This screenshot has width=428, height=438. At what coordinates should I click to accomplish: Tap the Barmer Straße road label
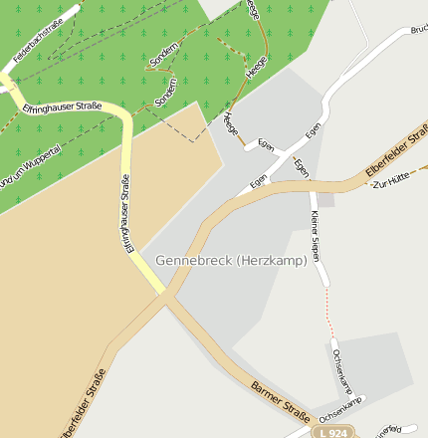pyautogui.click(x=282, y=398)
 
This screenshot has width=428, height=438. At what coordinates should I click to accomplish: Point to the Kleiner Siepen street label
pyautogui.click(x=316, y=237)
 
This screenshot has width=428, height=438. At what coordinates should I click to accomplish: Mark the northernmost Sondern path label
pyautogui.click(x=163, y=54)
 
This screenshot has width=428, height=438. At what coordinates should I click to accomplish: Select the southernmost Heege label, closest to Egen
pyautogui.click(x=231, y=126)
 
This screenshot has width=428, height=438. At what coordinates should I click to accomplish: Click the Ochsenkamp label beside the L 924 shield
pyautogui.click(x=338, y=406)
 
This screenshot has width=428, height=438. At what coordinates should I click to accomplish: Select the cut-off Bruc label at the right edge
pyautogui.click(x=418, y=29)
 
